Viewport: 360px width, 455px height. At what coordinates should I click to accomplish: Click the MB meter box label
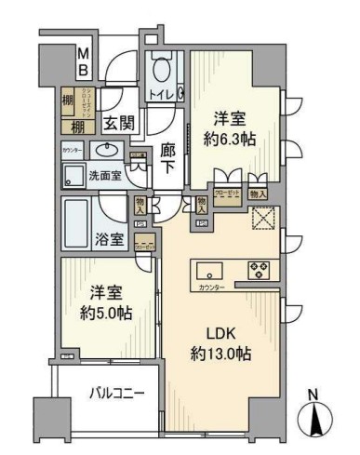click(x=82, y=62)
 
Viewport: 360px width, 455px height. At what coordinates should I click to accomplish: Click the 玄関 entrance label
click(x=116, y=124)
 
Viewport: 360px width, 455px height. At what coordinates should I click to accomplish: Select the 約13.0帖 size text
click(x=223, y=354)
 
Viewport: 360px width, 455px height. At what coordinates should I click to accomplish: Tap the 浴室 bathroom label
click(x=110, y=239)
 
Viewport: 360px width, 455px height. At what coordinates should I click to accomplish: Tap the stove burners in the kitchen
click(x=258, y=270)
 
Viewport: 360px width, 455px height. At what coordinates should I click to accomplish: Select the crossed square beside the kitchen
click(x=260, y=219)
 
